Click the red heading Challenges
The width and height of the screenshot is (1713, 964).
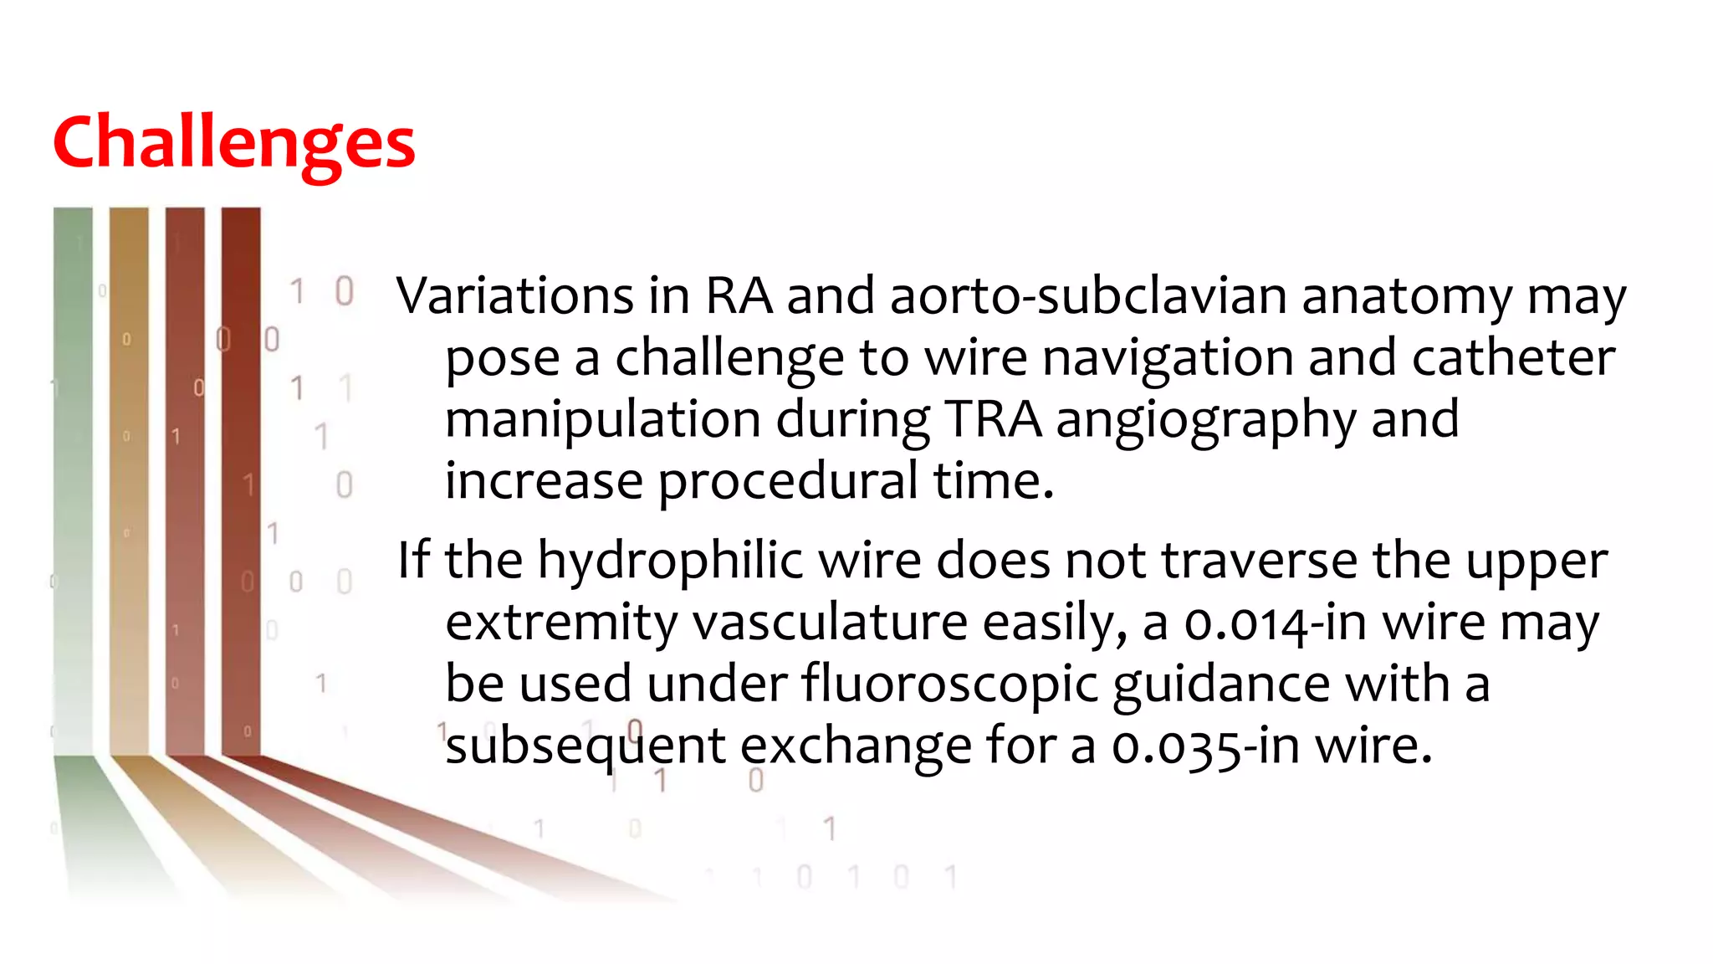click(x=233, y=143)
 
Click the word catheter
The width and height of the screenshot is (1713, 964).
click(x=1513, y=357)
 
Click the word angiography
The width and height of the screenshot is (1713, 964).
click(x=1205, y=421)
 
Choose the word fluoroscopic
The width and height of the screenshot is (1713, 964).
click(x=949, y=685)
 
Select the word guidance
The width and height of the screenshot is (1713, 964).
click(x=1221, y=685)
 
